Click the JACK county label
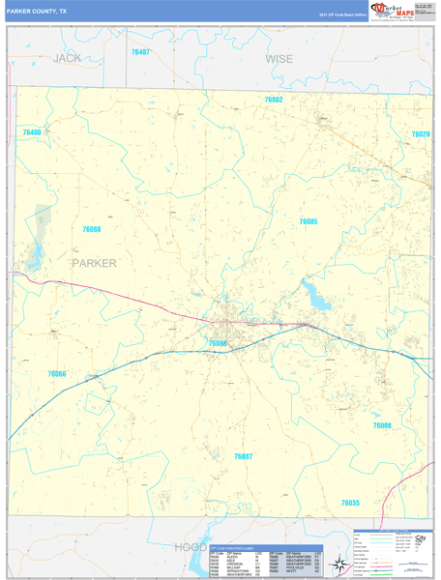(x=67, y=59)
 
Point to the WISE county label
(x=279, y=59)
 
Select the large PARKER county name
(x=94, y=262)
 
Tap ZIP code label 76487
(x=140, y=51)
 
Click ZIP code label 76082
(x=274, y=100)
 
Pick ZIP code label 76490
(x=32, y=131)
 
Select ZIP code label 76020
(x=420, y=134)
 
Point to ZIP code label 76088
(x=92, y=229)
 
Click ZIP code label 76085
(x=308, y=221)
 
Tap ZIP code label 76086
(x=218, y=343)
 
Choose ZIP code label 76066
(x=57, y=373)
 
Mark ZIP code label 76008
(x=382, y=425)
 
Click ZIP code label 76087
(x=243, y=455)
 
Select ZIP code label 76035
(x=350, y=503)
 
